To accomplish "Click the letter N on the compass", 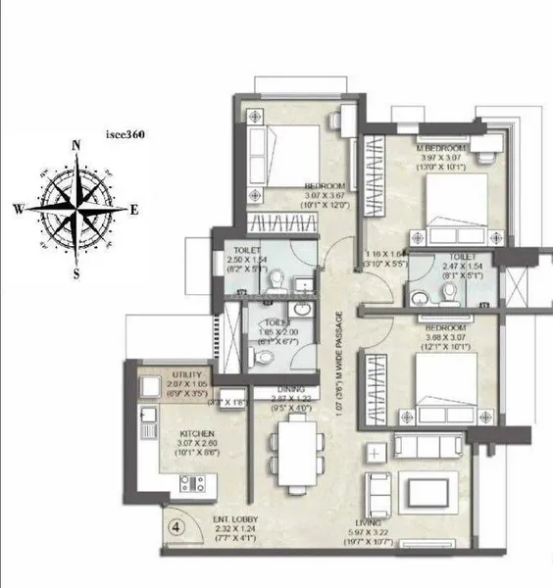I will (x=75, y=146).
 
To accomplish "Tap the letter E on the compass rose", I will (x=134, y=209).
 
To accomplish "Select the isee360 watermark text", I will (x=126, y=136).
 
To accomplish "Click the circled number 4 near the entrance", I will (x=176, y=525).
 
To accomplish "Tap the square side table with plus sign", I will (x=377, y=454).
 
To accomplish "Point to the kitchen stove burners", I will (x=191, y=482).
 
